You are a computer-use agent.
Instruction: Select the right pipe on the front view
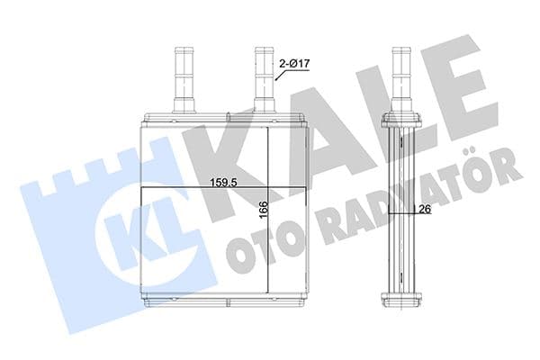coord(265,76)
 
